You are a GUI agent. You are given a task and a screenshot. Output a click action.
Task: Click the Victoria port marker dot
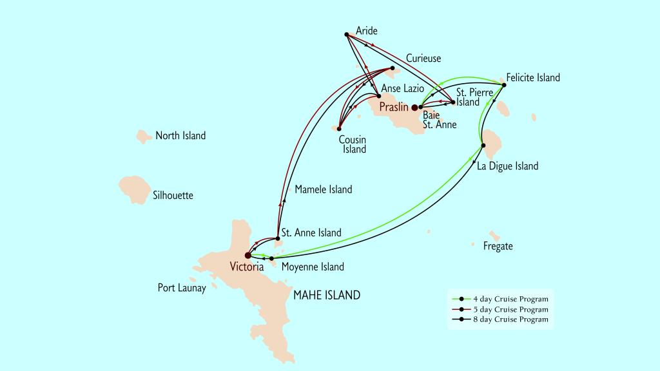pos(248,255)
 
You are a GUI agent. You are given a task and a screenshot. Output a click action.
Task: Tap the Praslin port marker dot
pos(414,108)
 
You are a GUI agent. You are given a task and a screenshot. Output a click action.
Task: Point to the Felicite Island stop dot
pos(504,84)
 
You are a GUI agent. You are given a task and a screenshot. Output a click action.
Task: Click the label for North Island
pos(180,136)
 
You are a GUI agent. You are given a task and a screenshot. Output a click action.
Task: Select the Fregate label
pos(498,246)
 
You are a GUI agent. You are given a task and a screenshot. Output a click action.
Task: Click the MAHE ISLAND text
pos(326,296)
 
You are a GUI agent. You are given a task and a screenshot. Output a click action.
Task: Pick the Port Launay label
pos(182,288)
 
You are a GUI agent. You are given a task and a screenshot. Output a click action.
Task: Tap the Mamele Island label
pos(323,189)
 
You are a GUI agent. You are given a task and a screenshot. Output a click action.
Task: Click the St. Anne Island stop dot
pos(277,239)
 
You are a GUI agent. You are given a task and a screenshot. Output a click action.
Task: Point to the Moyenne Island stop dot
pos(271,258)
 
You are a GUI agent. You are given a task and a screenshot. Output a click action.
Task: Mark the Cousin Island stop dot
pos(338,127)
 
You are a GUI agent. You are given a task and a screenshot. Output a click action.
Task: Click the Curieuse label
pos(423,59)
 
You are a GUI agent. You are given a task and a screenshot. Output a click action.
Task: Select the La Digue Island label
pos(507,166)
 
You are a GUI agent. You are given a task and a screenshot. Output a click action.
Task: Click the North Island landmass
pos(144,136)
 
